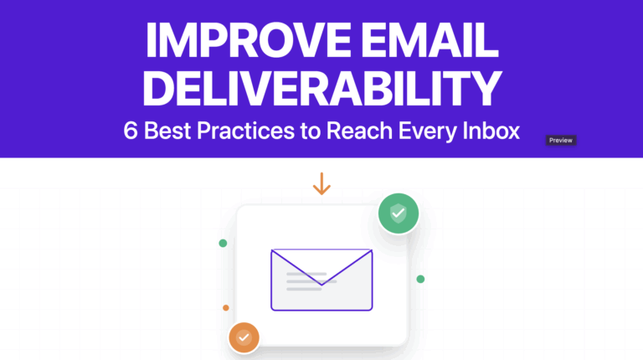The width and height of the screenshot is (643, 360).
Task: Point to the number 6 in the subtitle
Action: pyautogui.click(x=130, y=132)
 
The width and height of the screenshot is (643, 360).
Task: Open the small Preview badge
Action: pyautogui.click(x=561, y=141)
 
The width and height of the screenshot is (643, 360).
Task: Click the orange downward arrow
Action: pyautogui.click(x=321, y=184)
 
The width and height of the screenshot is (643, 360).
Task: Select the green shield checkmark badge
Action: pyautogui.click(x=398, y=214)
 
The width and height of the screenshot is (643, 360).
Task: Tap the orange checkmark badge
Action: pyautogui.click(x=244, y=337)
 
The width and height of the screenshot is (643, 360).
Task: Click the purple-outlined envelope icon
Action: pyautogui.click(x=321, y=280)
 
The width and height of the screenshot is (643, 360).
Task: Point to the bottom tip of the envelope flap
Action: pyautogui.click(x=321, y=285)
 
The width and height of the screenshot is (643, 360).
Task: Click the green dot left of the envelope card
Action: pyautogui.click(x=223, y=243)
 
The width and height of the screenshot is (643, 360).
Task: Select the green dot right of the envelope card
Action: pyautogui.click(x=420, y=279)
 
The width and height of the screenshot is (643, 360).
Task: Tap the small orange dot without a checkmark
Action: pyautogui.click(x=226, y=307)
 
